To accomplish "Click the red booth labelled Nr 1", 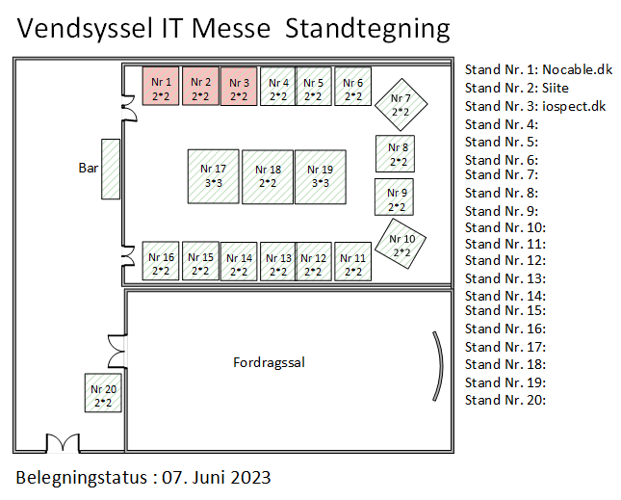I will [x=161, y=86].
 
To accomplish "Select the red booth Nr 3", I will [x=239, y=86].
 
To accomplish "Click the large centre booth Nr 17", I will [x=213, y=175].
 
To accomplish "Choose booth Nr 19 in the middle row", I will [x=320, y=175].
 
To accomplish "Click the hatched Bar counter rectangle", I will [x=110, y=170].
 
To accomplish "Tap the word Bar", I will [x=89, y=168].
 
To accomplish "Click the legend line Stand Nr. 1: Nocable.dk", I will [x=537, y=69].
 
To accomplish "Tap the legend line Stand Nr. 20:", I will [x=505, y=400].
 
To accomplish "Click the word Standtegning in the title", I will [x=368, y=29].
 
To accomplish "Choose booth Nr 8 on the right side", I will [x=397, y=153].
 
